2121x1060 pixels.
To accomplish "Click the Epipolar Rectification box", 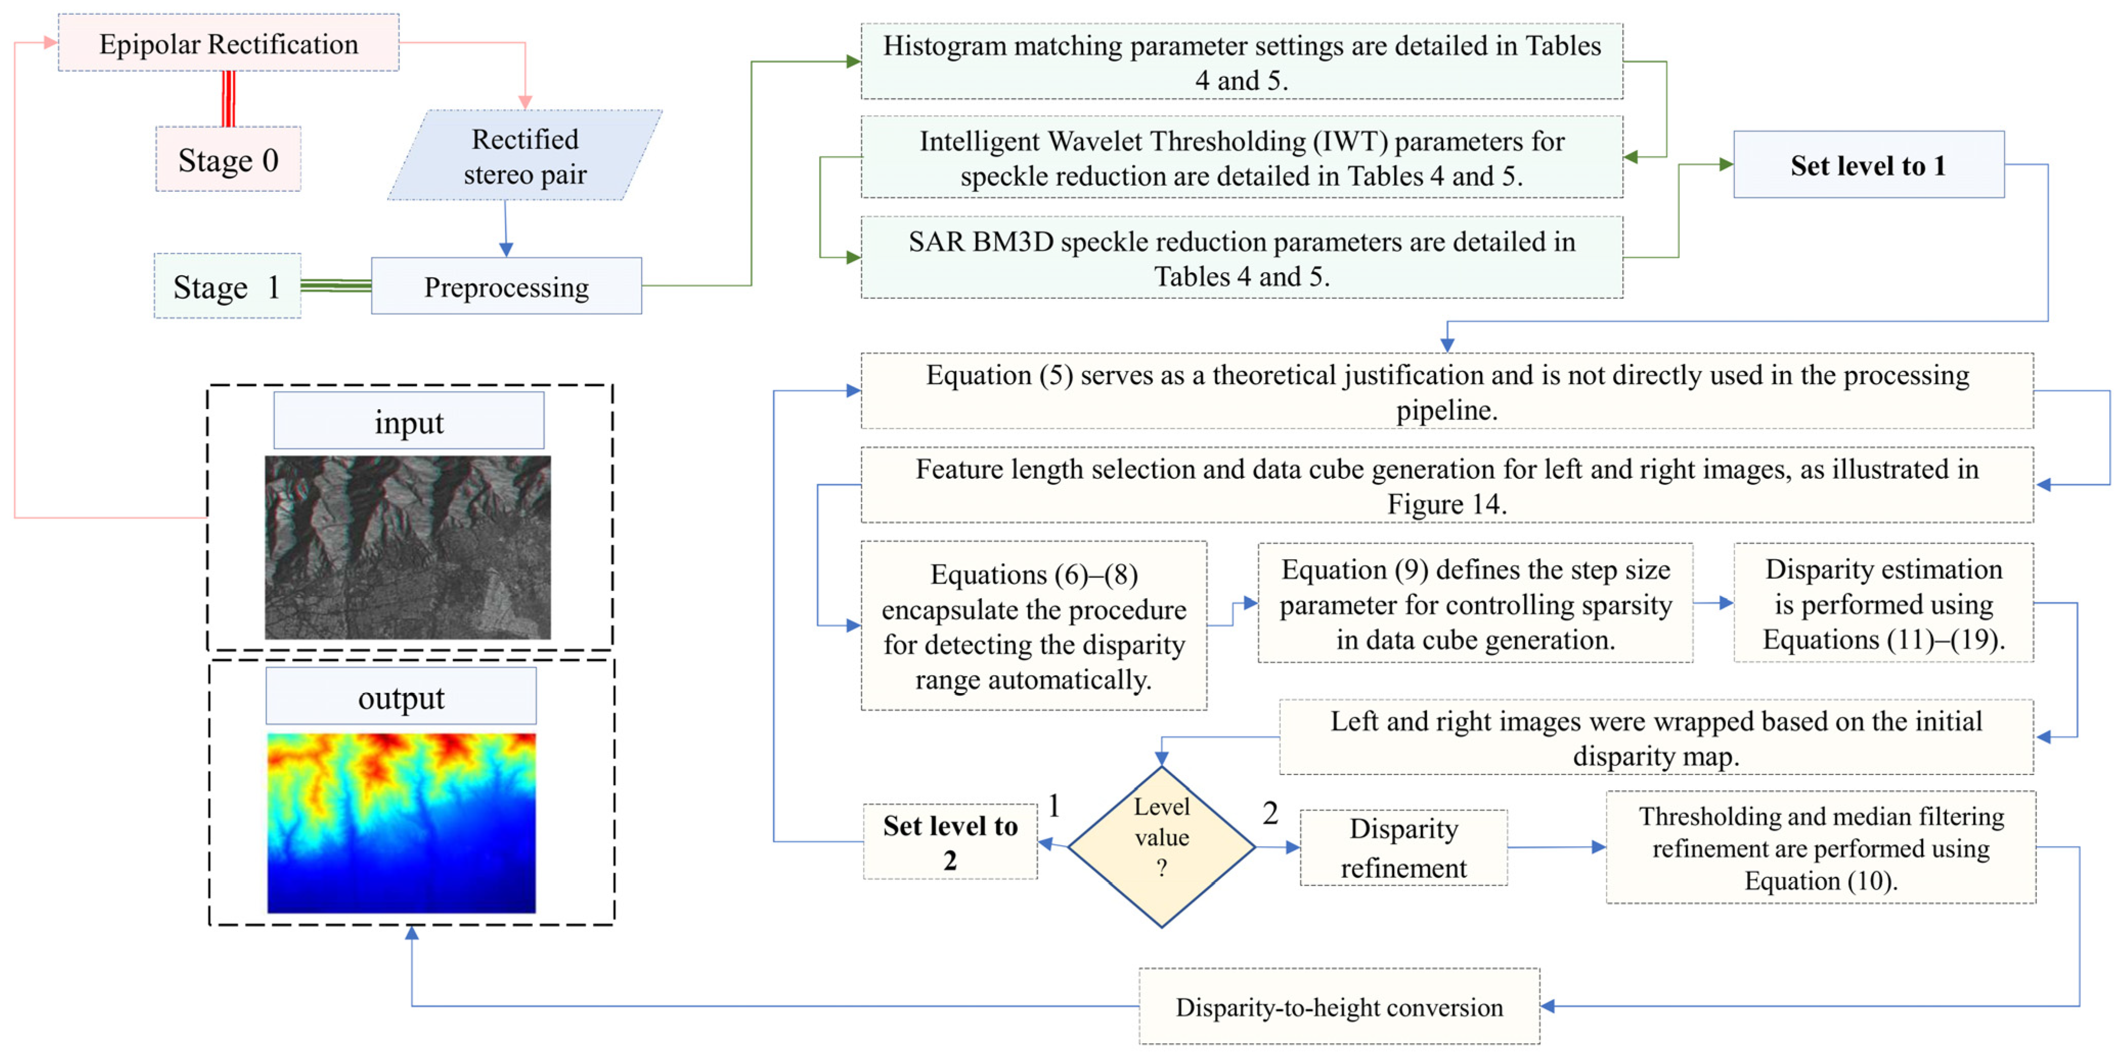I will click(228, 43).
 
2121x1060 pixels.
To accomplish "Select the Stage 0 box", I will click(228, 159).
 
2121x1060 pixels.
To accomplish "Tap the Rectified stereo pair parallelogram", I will click(524, 156).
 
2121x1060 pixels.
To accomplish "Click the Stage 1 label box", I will click(227, 286).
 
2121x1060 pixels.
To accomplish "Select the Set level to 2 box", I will click(949, 842).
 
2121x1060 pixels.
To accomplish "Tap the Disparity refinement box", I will click(1403, 848).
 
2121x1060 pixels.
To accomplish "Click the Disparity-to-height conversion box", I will click(1339, 1006).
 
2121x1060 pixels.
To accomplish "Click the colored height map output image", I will click(401, 823).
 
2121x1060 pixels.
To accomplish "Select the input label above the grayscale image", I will click(408, 421).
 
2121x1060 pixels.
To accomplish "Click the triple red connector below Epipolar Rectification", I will click(229, 99).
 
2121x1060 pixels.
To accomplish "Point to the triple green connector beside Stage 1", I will click(336, 286).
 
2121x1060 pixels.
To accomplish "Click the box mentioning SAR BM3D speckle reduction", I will click(1242, 258).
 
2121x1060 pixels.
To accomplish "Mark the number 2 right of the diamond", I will click(1270, 813).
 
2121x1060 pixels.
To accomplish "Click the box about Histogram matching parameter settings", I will click(1242, 62).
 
